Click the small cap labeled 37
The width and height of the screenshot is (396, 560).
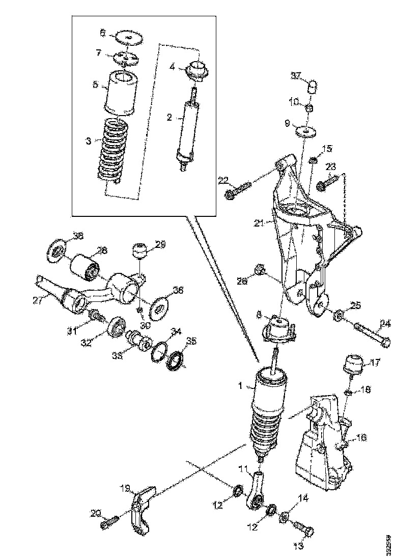click(x=314, y=85)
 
